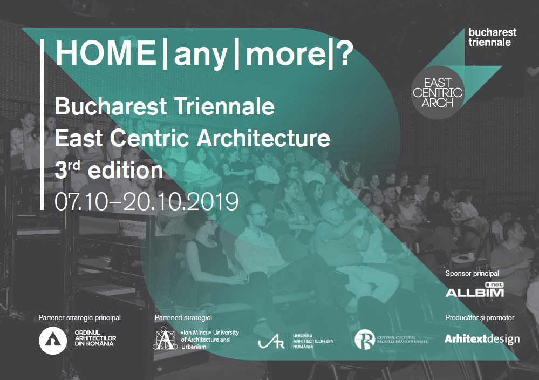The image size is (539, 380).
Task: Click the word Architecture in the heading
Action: (x=263, y=138)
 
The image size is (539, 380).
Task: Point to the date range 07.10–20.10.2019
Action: (x=146, y=201)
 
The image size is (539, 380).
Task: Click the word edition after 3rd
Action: (x=126, y=170)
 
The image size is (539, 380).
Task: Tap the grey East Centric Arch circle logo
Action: (x=438, y=92)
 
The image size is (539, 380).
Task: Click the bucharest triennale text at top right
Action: (x=492, y=37)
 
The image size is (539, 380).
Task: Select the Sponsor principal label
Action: (x=472, y=273)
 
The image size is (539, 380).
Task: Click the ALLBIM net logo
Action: (x=475, y=290)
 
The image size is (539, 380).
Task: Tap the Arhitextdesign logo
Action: (x=482, y=339)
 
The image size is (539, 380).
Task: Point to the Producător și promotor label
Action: (x=480, y=318)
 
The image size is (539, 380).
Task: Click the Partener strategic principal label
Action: (x=79, y=318)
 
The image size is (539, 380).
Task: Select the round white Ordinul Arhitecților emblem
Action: (x=53, y=341)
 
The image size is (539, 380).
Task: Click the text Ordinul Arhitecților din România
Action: (x=95, y=338)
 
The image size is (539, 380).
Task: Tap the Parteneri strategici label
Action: (x=183, y=318)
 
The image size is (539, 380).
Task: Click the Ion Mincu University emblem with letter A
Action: (x=165, y=338)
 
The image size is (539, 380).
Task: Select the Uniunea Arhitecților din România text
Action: (x=313, y=341)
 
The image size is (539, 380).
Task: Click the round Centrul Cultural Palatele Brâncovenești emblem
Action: (x=364, y=339)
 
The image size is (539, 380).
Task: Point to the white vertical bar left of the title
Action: (x=42, y=124)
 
